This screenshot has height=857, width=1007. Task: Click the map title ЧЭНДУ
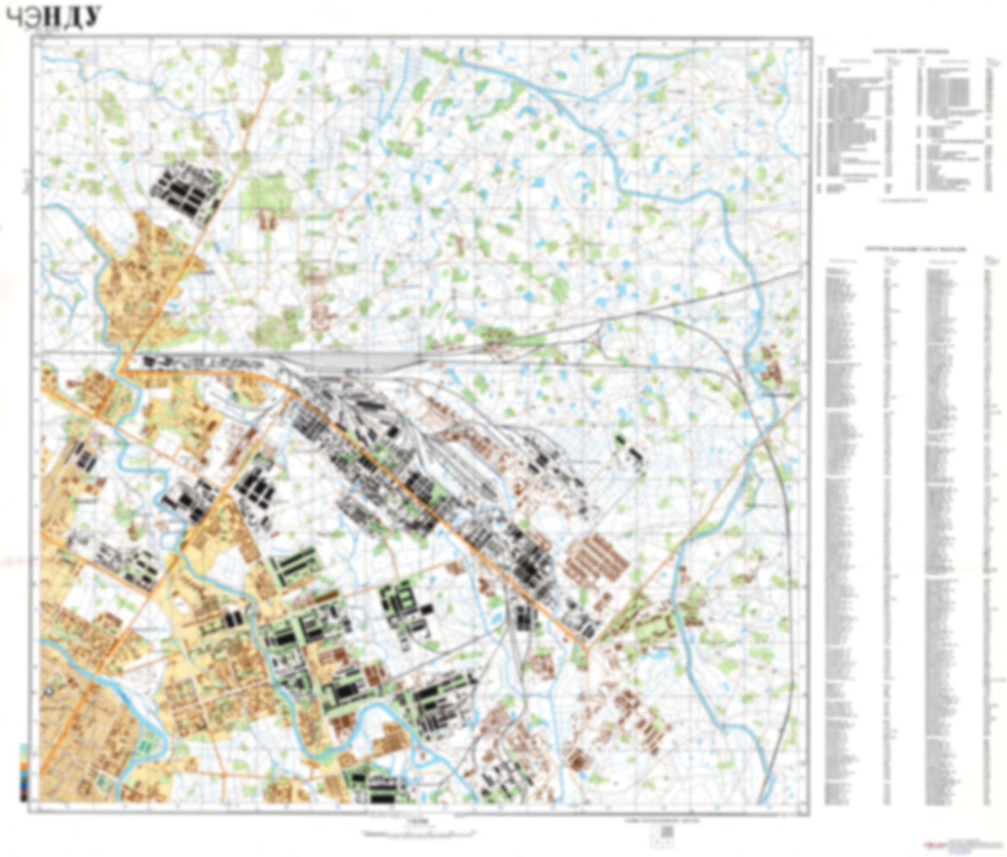click(53, 17)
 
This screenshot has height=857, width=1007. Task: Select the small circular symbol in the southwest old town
click(48, 691)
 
